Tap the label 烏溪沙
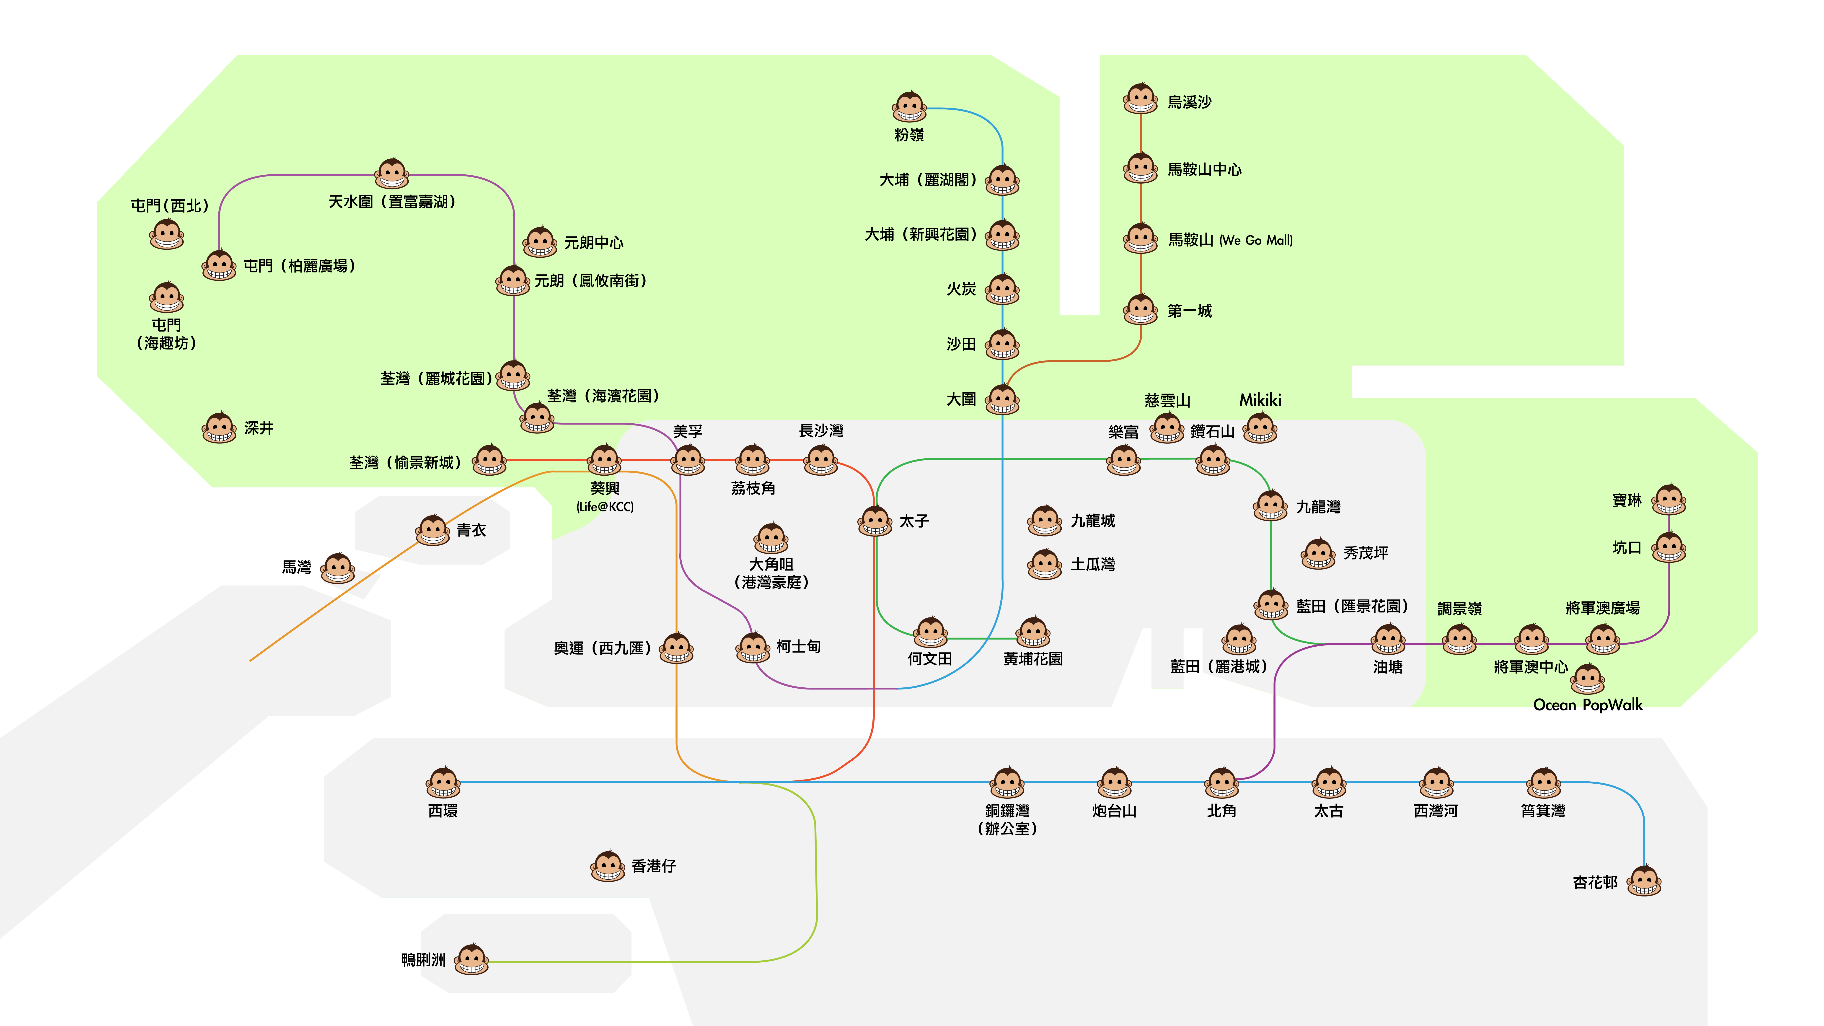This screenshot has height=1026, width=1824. pyautogui.click(x=1190, y=102)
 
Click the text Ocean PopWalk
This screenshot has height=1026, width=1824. pyautogui.click(x=1588, y=705)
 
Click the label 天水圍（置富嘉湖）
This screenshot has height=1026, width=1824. pyautogui.click(x=392, y=202)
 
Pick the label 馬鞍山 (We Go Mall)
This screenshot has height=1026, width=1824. pyautogui.click(x=1230, y=240)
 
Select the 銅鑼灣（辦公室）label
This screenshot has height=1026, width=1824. pyautogui.click(x=1007, y=819)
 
